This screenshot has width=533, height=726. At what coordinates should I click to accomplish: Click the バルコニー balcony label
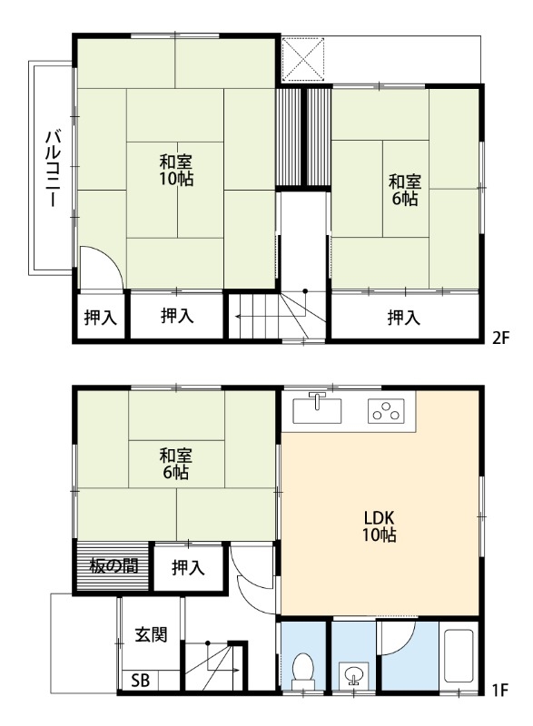tap(53, 169)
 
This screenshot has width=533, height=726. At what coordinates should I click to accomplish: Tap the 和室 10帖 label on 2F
tap(176, 171)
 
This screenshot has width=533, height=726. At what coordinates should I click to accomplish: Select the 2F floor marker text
tap(500, 338)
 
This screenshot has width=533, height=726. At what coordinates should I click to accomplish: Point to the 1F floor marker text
tap(500, 691)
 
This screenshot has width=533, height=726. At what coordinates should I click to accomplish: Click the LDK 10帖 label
tap(379, 526)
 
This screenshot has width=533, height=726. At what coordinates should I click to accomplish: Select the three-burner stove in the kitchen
tap(386, 411)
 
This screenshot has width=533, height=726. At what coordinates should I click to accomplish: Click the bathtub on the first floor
tap(459, 655)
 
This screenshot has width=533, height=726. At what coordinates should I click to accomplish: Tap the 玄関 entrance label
tap(151, 634)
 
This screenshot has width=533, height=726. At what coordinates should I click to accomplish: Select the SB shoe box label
tap(141, 681)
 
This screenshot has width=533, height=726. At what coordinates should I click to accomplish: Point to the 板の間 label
tap(114, 565)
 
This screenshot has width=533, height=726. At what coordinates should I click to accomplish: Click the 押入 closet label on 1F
tap(188, 568)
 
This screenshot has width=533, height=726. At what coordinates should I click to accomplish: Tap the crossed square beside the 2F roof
tap(303, 59)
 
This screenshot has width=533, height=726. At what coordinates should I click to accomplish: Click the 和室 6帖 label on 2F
tap(405, 190)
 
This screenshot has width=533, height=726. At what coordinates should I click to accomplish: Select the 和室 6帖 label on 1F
tap(175, 464)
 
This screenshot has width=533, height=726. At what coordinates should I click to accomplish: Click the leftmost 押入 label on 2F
tap(101, 318)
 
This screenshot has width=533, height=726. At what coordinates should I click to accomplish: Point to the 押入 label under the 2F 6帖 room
tap(404, 318)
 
